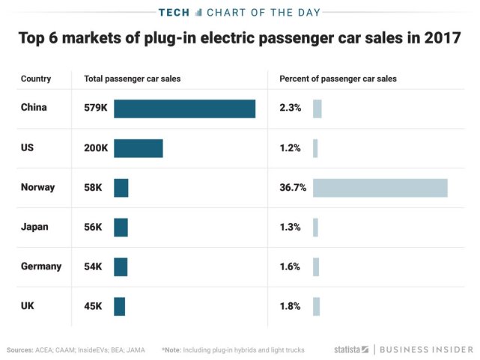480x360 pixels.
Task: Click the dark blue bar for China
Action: pos(184,109)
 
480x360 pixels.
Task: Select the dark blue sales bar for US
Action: pos(138,148)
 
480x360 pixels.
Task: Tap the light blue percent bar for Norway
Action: pos(380,188)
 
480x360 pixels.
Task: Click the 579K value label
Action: pos(96,109)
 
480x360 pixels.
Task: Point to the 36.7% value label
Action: pos(293,188)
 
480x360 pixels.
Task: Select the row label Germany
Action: pos(41,266)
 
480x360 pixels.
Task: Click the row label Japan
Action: pos(34,228)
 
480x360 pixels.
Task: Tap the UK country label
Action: pos(28,306)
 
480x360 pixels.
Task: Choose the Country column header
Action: pos(36,79)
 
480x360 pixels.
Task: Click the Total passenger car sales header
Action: pos(132,79)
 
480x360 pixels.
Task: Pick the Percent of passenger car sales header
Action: pos(338,79)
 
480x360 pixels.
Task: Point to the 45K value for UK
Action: pos(93,306)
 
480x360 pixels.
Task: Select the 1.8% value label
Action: pos(290,306)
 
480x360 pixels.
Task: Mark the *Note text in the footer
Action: pos(172,350)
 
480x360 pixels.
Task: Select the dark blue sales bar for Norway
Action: pos(121,188)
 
